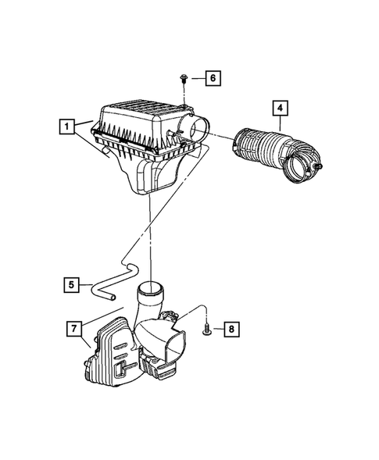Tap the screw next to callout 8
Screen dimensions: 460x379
pos(206,330)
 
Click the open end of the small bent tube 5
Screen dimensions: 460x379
pos(111,298)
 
